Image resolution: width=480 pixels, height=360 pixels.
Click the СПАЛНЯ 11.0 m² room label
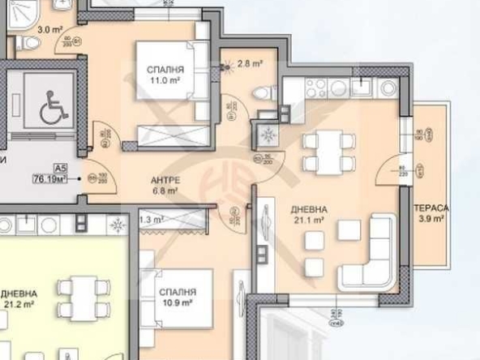165,75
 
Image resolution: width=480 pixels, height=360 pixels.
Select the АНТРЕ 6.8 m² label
165,186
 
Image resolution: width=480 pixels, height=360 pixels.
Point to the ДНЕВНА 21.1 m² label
307,214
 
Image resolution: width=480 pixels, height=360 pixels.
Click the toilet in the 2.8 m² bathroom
262,94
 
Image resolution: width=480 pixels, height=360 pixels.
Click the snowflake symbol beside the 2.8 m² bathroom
266,135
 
